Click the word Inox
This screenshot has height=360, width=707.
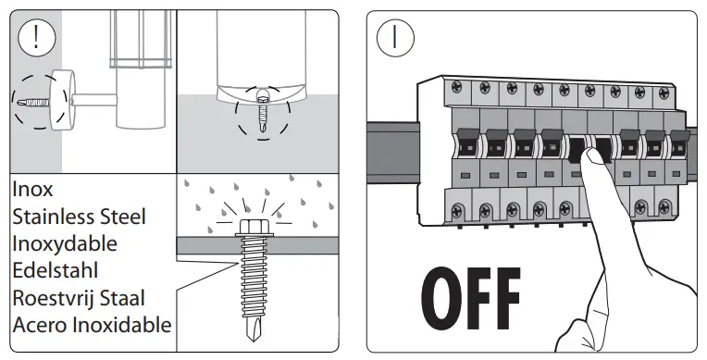point(32,189)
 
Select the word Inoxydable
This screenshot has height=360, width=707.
point(65,244)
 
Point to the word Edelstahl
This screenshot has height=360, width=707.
point(55,270)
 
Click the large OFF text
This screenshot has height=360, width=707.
point(471,299)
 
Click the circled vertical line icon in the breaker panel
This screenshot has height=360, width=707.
point(395,37)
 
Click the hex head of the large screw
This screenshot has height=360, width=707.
point(254,228)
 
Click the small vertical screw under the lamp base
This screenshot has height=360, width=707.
point(262,111)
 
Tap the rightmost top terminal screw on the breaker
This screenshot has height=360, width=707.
point(664,93)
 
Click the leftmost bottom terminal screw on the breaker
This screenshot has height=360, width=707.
point(458,210)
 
